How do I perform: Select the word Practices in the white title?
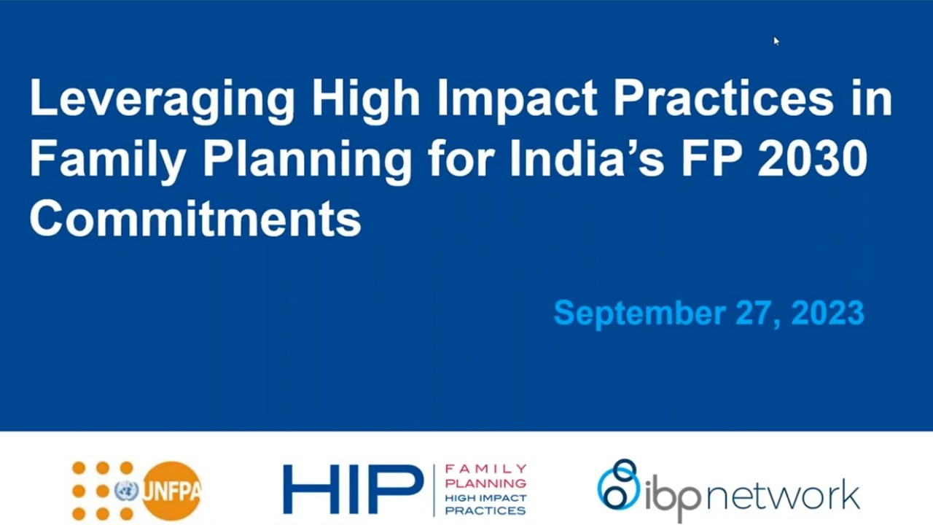[722, 98]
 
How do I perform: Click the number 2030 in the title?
[813, 158]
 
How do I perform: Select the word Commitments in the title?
[195, 218]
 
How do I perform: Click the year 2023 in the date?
[827, 313]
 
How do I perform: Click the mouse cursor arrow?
[776, 41]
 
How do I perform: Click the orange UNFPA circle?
[171, 491]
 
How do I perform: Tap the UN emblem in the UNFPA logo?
[127, 491]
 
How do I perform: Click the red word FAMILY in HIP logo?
[485, 469]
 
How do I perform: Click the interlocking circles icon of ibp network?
[618, 484]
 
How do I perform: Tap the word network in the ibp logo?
[784, 495]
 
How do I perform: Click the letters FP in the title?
[710, 158]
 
